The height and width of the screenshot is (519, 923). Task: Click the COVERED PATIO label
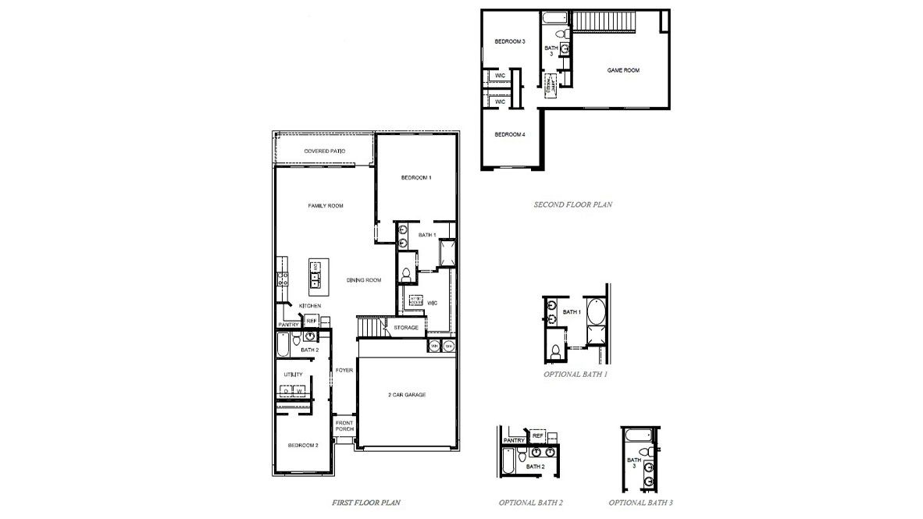click(325, 151)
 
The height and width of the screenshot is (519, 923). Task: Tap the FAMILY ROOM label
click(326, 206)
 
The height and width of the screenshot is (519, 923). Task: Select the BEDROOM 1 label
click(416, 178)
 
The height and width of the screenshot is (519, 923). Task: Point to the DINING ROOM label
click(364, 280)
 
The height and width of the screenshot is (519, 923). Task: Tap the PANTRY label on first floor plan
click(288, 325)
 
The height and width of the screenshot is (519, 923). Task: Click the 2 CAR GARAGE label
click(407, 395)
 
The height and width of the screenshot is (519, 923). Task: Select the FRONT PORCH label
click(344, 425)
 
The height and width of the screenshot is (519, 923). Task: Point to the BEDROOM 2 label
click(303, 446)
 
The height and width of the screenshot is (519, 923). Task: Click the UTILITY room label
click(293, 375)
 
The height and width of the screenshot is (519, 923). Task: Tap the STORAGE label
click(406, 328)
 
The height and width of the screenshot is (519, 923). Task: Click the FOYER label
click(344, 370)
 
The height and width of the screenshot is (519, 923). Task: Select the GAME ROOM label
click(623, 70)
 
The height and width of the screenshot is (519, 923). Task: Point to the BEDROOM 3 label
click(509, 41)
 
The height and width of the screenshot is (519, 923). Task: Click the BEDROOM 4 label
click(510, 134)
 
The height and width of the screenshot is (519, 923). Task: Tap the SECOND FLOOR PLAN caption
click(572, 205)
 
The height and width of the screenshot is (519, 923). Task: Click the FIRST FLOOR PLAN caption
click(367, 503)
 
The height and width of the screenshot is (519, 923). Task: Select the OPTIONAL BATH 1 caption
click(576, 375)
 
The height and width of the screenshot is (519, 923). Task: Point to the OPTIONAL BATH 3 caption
click(640, 503)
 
